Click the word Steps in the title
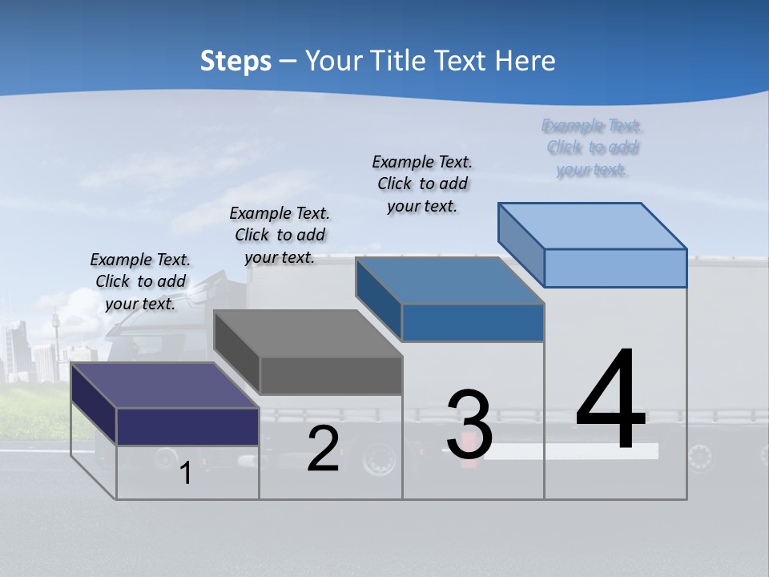tap(236, 61)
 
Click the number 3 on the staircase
tap(469, 425)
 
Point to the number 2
tap(323, 449)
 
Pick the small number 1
tap(186, 473)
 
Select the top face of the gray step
tap(308, 333)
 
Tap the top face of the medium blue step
tap(449, 280)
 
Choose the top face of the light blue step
tap(592, 226)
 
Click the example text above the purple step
tap(140, 281)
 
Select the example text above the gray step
tap(280, 235)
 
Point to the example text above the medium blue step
tap(422, 184)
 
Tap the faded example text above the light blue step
tap(592, 147)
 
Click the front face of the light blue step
tap(615, 268)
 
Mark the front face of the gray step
tap(331, 375)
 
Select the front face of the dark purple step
tap(187, 426)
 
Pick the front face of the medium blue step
tap(473, 322)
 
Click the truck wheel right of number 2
tap(378, 459)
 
